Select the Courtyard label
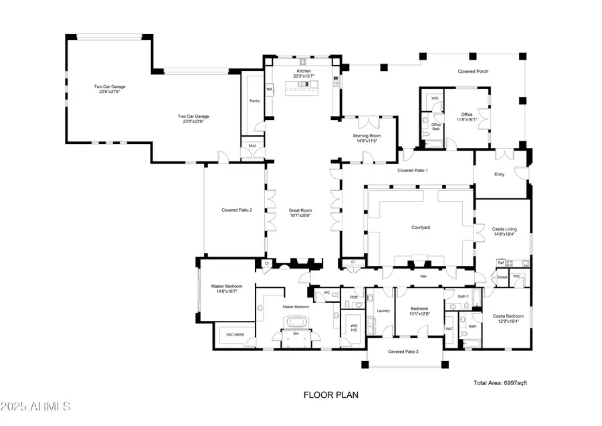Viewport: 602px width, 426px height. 420,228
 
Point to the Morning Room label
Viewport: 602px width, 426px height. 367,135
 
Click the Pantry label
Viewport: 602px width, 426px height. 254,101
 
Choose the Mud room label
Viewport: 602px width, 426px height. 252,145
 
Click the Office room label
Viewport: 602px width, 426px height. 467,115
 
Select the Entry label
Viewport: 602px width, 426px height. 499,174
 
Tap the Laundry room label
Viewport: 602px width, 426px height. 383,310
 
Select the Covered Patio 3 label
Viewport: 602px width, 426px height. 403,352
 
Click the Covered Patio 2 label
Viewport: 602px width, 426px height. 237,210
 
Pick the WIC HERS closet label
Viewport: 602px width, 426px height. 233,334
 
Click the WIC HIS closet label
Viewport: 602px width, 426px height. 354,328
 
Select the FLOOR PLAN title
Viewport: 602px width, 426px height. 331,395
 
